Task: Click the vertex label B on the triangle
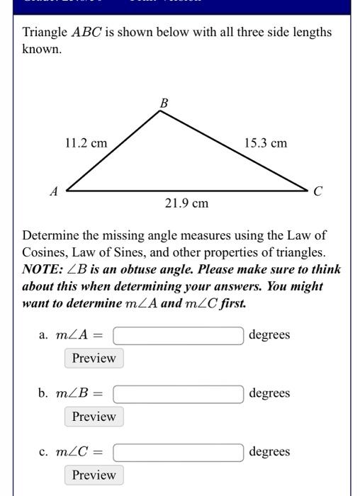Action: point(164,103)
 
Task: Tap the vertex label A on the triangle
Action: point(54,191)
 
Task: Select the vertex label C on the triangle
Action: point(318,191)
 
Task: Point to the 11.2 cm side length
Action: point(86,143)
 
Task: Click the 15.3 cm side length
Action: point(266,143)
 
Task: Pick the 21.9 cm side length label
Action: point(186,204)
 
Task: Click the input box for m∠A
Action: point(178,335)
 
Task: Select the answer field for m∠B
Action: point(178,393)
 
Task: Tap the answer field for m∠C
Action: point(178,452)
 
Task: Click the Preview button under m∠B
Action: point(94,417)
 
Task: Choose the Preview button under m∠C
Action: point(94,475)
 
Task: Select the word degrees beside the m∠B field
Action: point(269,393)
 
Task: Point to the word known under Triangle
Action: point(41,50)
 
